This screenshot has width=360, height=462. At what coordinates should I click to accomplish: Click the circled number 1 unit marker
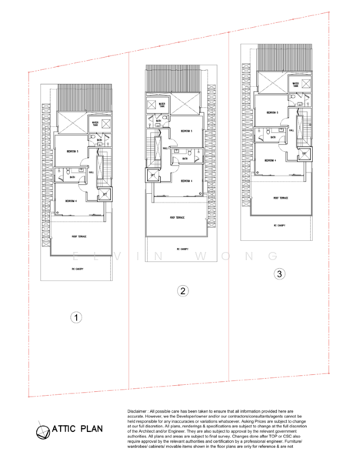click(x=75, y=316)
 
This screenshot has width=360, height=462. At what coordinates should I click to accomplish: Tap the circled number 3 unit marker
click(x=279, y=273)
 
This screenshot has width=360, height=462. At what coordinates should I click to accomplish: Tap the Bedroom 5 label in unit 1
click(x=72, y=151)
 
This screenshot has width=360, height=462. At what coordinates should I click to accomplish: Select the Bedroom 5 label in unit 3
click(x=272, y=112)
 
